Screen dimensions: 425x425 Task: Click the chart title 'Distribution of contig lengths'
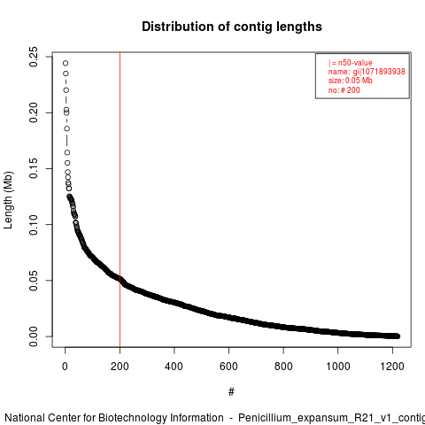pyautogui.click(x=232, y=27)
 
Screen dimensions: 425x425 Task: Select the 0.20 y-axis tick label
pyautogui.click(x=34, y=112)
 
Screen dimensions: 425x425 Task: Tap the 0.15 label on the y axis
pyautogui.click(x=34, y=168)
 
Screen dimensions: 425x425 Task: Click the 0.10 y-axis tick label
pyautogui.click(x=34, y=225)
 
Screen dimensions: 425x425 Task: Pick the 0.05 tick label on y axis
pyautogui.click(x=34, y=281)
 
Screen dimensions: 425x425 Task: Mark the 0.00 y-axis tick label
pyautogui.click(x=34, y=336)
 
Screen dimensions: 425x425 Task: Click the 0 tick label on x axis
pyautogui.click(x=65, y=367)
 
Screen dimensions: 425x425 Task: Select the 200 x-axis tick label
pyautogui.click(x=120, y=367)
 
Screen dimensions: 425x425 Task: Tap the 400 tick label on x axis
pyautogui.click(x=174, y=367)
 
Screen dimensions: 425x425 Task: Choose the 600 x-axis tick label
pyautogui.click(x=228, y=367)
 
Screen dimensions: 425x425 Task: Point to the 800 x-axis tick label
pyautogui.click(x=283, y=367)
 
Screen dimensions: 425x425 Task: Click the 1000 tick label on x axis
pyautogui.click(x=338, y=367)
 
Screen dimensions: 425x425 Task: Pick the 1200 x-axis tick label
pyautogui.click(x=392, y=367)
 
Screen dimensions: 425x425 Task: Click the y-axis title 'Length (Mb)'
pyautogui.click(x=9, y=200)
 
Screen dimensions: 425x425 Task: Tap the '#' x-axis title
pyautogui.click(x=231, y=392)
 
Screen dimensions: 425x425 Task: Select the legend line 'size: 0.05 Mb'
pyautogui.click(x=351, y=81)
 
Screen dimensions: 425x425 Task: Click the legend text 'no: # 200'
pyautogui.click(x=344, y=90)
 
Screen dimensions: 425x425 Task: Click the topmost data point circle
pyautogui.click(x=66, y=63)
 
